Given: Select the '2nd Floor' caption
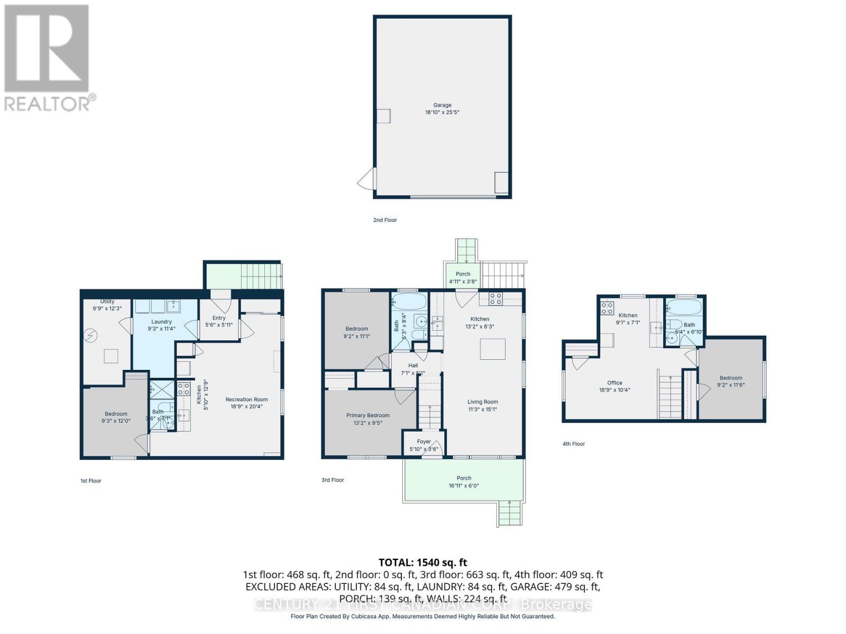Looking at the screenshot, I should (384, 220).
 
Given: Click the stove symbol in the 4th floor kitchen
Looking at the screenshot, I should (607, 307).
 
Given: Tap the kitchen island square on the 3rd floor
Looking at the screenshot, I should (492, 349).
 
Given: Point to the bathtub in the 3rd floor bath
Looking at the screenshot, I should (409, 302).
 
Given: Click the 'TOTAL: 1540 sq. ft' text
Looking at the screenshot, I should (422, 562).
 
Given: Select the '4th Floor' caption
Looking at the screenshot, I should (573, 444).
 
